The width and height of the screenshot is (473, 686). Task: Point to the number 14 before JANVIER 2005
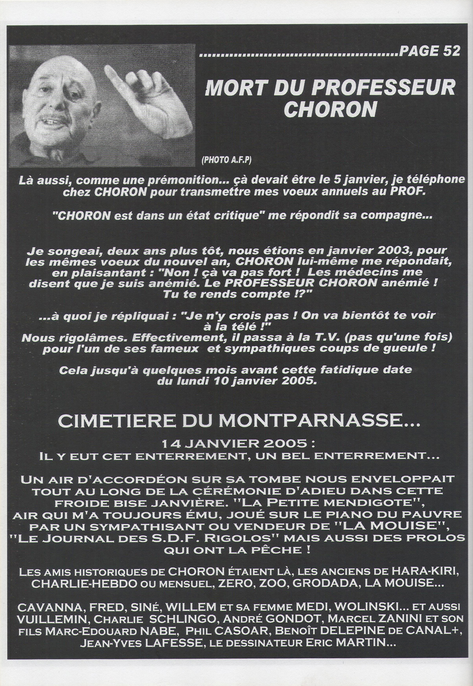pos(170,444)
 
